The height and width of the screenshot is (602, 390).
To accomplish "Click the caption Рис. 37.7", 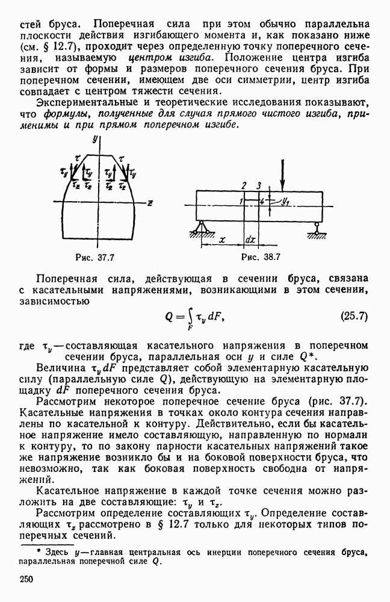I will coord(93,257).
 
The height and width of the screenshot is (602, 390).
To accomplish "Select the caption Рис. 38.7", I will coord(260,257).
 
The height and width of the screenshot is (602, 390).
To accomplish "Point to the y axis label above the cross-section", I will coord(95,138).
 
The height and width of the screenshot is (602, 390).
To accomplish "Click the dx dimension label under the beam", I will coord(251,239).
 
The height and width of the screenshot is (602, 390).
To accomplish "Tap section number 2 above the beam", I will coord(244,185).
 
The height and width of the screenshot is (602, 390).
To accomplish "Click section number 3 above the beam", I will coord(258,185).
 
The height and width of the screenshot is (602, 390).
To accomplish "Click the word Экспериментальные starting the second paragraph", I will coord(80,104).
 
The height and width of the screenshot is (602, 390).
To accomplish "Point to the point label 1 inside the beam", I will coord(240,200).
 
